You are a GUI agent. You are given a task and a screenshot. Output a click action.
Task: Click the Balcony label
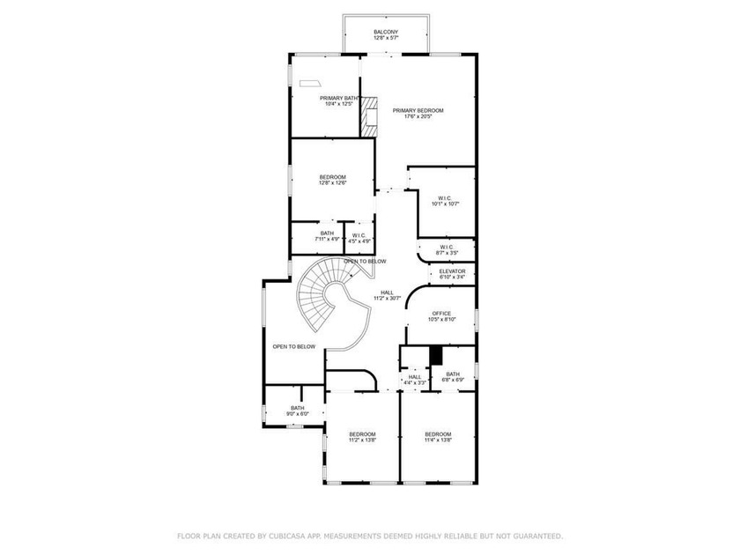click(385, 32)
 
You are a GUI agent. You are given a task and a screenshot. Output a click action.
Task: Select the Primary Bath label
click(339, 98)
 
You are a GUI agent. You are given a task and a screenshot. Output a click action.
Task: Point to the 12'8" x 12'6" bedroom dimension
click(333, 183)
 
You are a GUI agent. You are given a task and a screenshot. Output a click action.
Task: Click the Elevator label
click(452, 270)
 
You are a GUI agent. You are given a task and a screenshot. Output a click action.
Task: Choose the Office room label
click(441, 314)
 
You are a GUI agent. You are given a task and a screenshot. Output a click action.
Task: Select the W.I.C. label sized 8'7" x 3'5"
click(446, 247)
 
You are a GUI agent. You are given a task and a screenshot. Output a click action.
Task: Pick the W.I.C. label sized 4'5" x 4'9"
click(359, 235)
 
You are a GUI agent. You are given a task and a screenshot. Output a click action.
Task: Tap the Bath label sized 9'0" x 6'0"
click(297, 408)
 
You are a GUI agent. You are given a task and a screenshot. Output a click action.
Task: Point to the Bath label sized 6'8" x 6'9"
click(453, 374)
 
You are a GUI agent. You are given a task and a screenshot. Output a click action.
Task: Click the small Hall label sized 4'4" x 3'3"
click(415, 377)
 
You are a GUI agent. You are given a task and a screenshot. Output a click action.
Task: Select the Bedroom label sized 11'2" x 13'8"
click(362, 434)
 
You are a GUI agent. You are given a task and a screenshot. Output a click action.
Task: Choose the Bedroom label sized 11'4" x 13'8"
click(438, 434)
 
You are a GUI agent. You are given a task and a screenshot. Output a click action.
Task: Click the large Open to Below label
click(293, 346)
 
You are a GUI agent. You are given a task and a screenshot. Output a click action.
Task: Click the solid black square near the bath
click(435, 355)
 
